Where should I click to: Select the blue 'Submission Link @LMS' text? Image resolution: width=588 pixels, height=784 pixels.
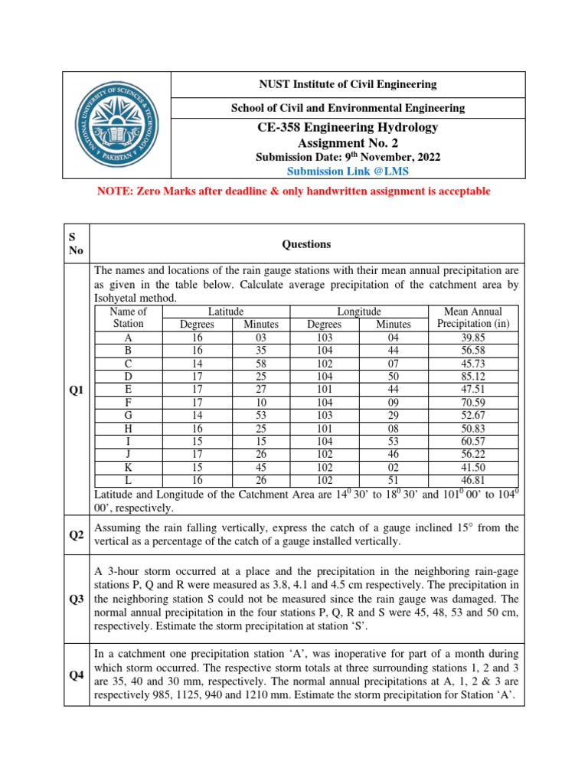point(348,171)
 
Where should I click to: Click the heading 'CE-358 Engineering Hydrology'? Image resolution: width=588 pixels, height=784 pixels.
point(348,127)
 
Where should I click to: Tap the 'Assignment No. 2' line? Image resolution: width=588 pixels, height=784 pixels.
point(348,142)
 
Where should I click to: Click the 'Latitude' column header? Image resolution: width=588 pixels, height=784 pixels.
point(226,312)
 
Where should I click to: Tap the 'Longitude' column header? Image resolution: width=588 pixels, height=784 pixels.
point(359,312)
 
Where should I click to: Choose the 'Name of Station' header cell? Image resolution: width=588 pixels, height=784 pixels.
point(128,318)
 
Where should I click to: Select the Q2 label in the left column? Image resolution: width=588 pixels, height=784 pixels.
point(77,535)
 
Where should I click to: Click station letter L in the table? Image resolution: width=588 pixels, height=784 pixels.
point(128,480)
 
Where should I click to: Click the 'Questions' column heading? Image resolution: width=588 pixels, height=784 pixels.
point(306,244)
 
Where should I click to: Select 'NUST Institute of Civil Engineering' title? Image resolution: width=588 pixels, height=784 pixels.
point(348,84)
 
